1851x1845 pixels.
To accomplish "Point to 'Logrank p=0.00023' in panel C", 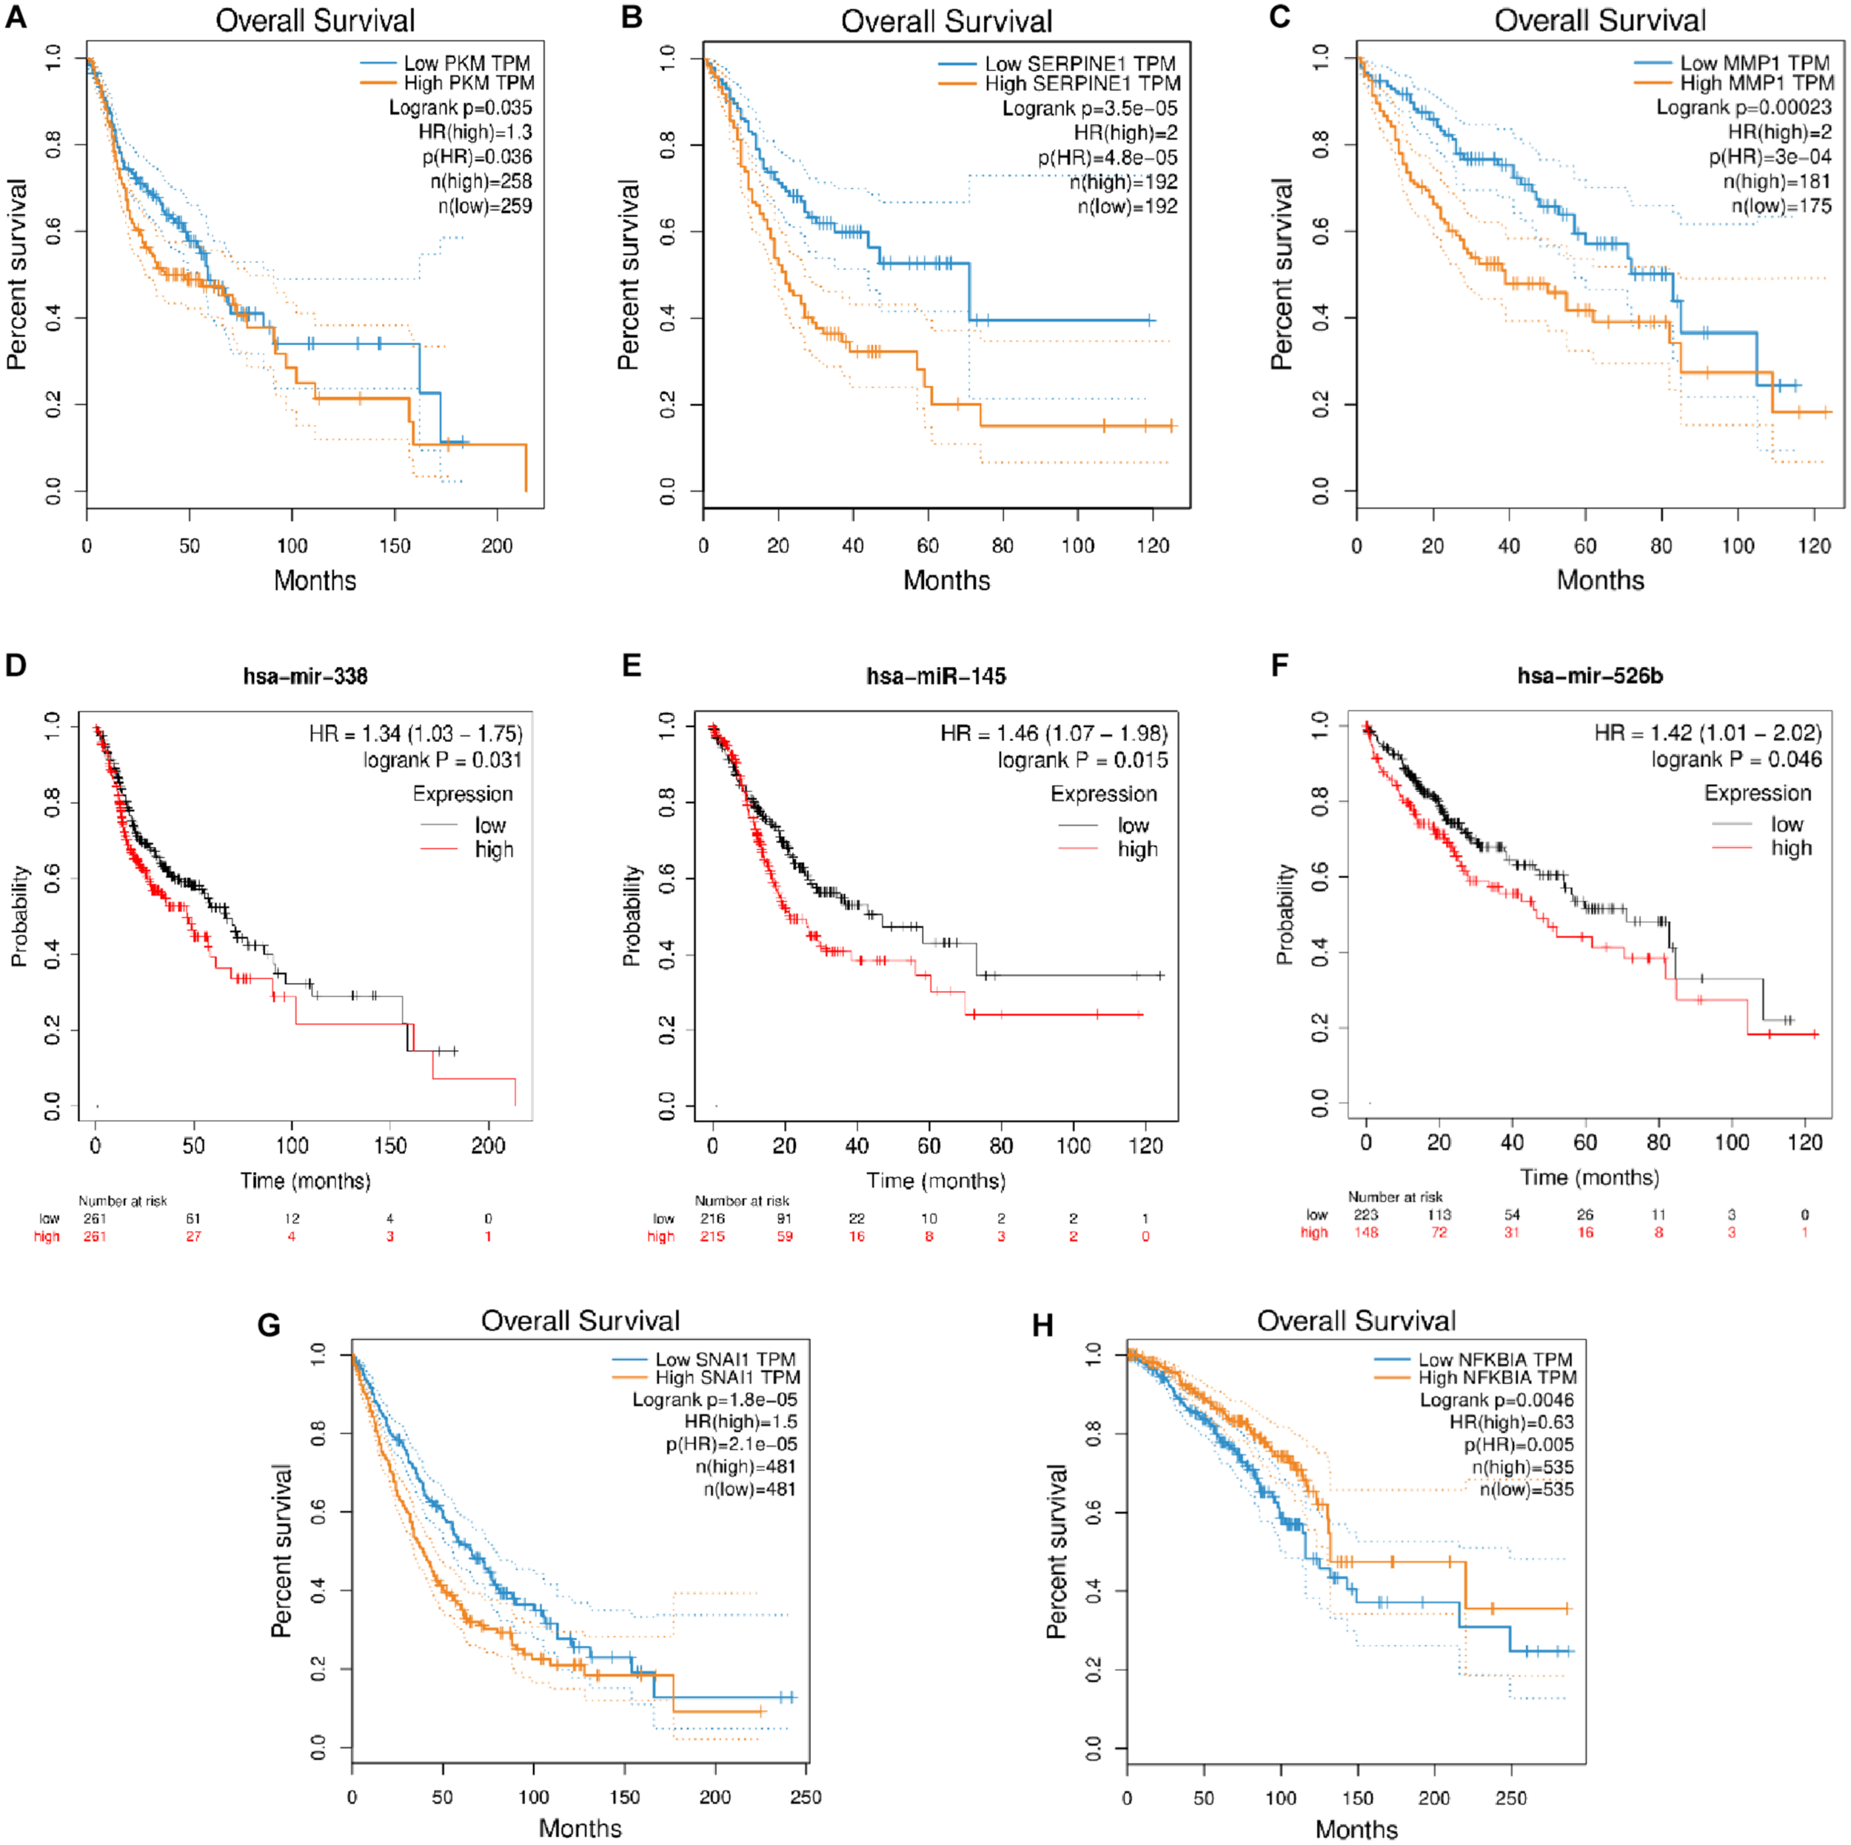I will [1744, 107].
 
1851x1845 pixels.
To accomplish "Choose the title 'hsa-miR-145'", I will [936, 676].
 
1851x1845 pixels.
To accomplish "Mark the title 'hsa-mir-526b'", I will [1590, 675].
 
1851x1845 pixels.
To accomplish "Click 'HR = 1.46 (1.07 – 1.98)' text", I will [1054, 734].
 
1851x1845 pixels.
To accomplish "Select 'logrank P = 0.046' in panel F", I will [1736, 760].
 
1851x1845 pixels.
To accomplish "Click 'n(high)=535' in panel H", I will [1522, 1467].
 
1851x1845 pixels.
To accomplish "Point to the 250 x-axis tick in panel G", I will [806, 1797].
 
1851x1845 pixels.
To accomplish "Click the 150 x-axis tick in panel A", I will [395, 546].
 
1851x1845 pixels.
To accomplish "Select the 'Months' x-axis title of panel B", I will [946, 580].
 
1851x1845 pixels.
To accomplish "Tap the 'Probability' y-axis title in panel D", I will [19, 916].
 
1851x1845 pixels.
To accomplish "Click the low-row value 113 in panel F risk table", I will [1439, 1215].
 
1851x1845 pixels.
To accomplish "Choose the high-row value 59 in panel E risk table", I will [785, 1236].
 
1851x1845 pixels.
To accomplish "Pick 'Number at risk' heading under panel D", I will [123, 1200].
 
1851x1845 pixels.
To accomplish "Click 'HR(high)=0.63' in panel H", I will [1511, 1422].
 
